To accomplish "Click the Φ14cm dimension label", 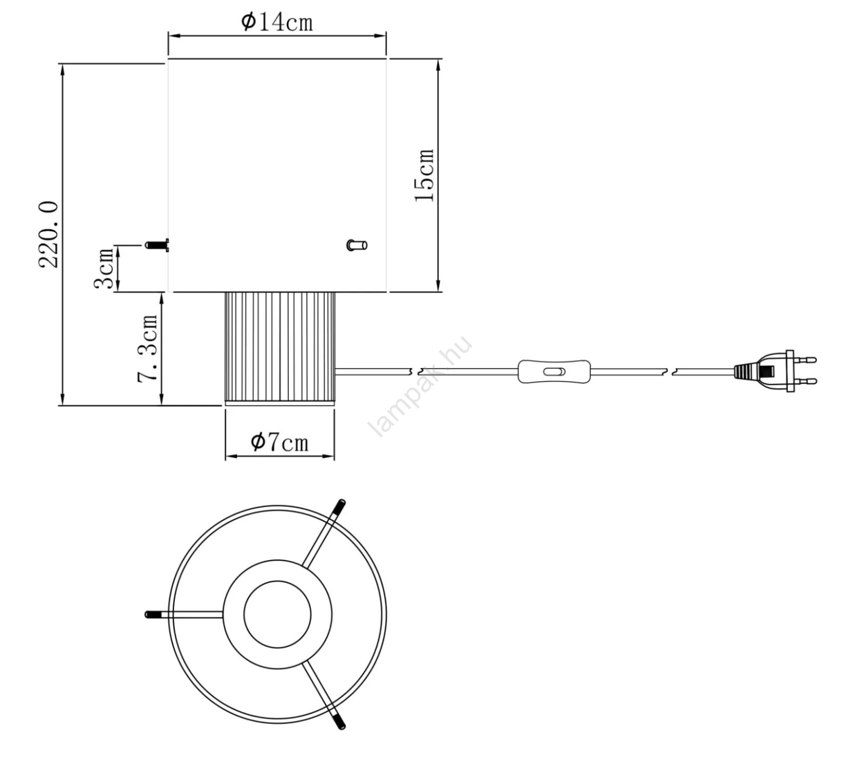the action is (277, 22).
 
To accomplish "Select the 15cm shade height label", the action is (425, 175).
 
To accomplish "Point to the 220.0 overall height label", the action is (48, 234).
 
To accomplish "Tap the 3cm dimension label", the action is (104, 269).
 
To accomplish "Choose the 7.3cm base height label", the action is (147, 348).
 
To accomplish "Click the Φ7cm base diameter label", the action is (279, 442).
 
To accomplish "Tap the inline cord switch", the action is (554, 372).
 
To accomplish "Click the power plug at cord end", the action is (775, 371).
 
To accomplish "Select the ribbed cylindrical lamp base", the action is (280, 349).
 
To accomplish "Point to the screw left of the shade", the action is (157, 245).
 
